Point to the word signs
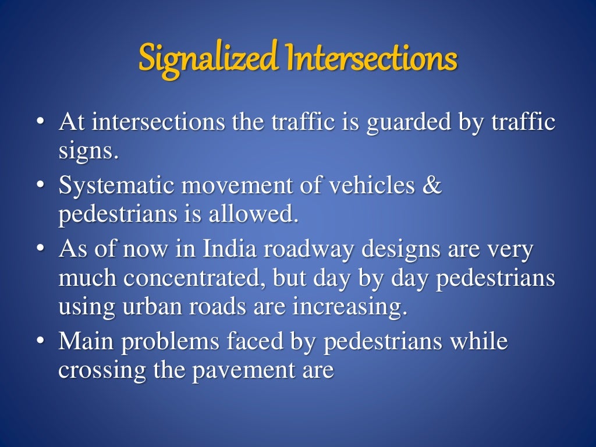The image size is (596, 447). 88,152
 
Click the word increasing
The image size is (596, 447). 349,306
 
